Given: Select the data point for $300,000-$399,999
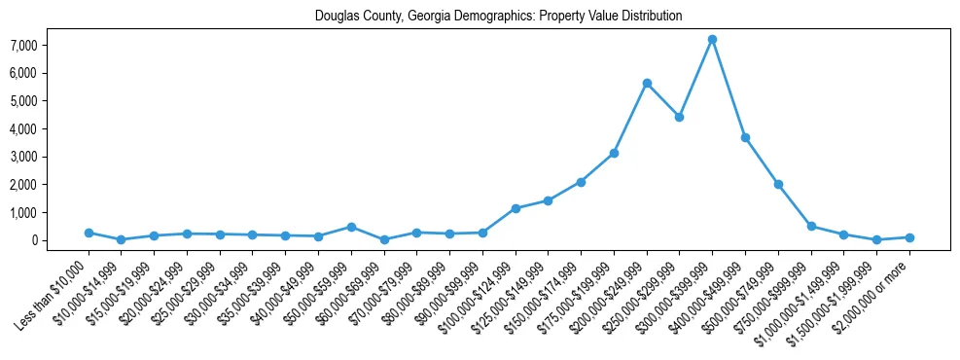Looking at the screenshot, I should point(712,39).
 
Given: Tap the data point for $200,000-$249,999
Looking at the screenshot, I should point(647,83).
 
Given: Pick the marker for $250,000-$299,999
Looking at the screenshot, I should point(679,117).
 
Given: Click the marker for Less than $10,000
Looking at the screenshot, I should point(89,233).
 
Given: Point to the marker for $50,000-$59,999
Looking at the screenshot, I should point(351,227).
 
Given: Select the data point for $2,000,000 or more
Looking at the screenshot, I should point(909,237).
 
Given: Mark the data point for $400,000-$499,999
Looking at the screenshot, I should point(745,137).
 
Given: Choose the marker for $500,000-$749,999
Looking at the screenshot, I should point(778,184).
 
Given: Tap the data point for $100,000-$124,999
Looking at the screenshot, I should point(516,208).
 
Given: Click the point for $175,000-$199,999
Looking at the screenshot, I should point(614,153).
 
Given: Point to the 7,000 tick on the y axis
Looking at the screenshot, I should point(51,45).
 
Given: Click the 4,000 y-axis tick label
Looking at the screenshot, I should point(51,128).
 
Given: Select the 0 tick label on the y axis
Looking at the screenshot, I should point(60,240).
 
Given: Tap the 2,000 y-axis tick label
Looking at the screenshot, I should point(51,185).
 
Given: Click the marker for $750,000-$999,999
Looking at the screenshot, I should point(811,226).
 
